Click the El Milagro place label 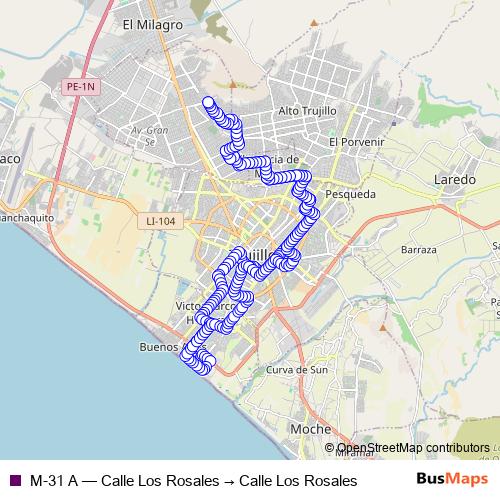click(151, 24)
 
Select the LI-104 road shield click(160, 222)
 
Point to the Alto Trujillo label click(307, 110)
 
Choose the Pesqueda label click(351, 194)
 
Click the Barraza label click(418, 249)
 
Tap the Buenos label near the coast click(158, 348)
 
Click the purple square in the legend click(14, 481)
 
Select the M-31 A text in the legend click(54, 481)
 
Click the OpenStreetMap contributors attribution click(412, 448)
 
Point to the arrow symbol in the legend click(229, 481)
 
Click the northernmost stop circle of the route click(208, 102)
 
